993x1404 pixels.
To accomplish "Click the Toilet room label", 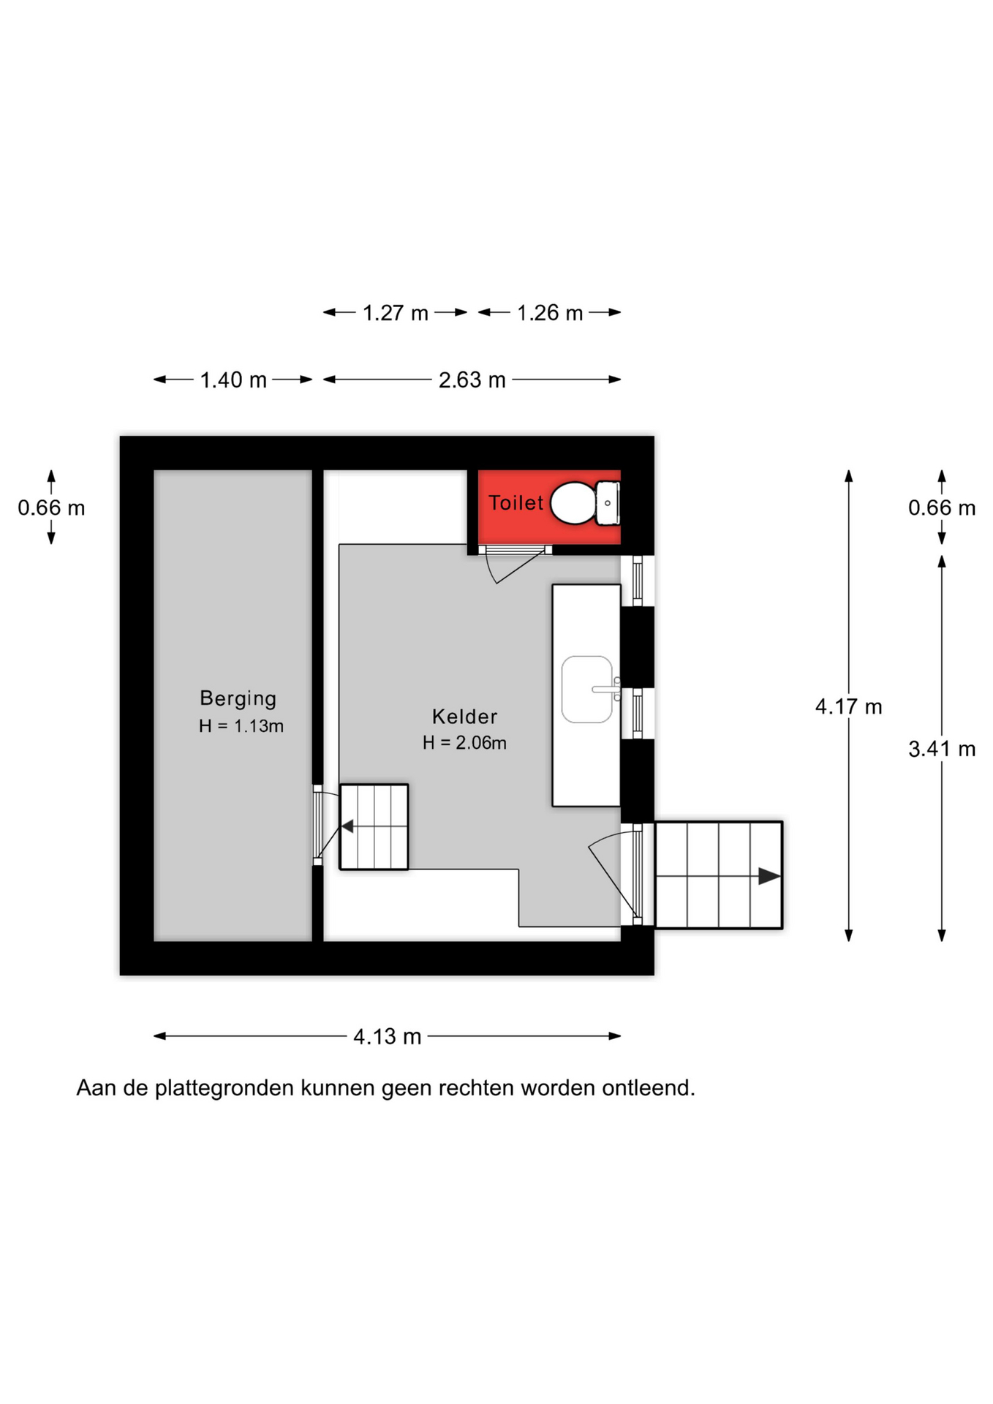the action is [516, 503].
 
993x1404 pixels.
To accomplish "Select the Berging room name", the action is [238, 699].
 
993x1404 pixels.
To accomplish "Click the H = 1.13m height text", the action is [241, 726].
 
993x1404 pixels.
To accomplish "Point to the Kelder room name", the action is [464, 717].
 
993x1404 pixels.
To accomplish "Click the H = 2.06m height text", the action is [464, 743].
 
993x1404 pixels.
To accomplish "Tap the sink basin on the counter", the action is [587, 690].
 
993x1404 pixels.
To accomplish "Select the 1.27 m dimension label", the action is [396, 313].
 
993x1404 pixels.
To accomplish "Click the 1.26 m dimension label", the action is [550, 313].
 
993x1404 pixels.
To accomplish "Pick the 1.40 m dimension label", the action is [233, 380].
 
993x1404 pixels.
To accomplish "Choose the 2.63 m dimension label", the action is [472, 380].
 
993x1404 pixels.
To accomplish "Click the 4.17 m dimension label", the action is [849, 707].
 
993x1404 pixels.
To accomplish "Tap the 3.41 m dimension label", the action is [942, 749].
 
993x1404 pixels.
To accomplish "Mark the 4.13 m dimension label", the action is [388, 1037].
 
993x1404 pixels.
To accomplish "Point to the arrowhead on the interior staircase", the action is [347, 826].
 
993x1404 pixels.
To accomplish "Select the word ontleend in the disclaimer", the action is [648, 1088].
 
